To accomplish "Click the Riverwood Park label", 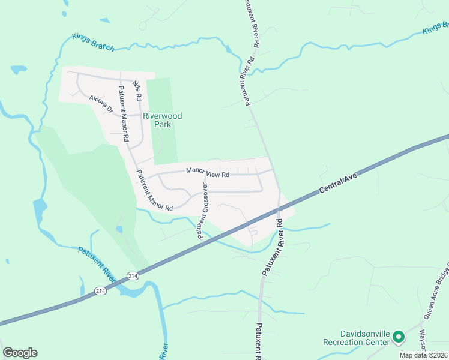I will click(x=163, y=120).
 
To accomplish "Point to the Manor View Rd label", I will click(x=208, y=173).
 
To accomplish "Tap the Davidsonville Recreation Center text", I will click(x=356, y=338).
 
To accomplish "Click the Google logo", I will click(x=20, y=352).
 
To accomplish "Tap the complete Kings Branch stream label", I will click(x=92, y=42).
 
